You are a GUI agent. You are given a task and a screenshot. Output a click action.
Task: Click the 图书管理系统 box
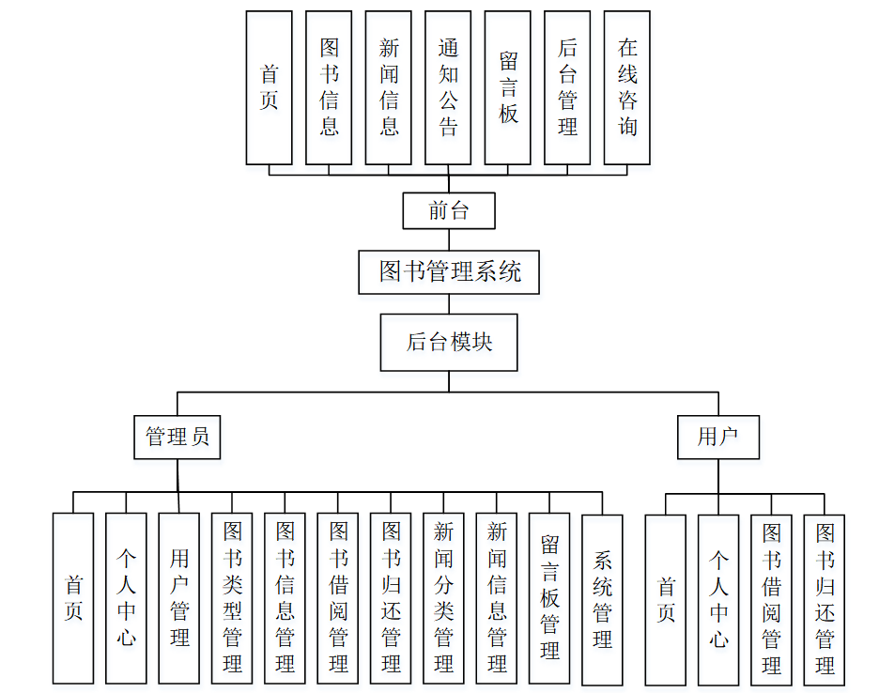pos(449,272)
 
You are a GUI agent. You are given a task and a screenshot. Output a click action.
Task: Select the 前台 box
pos(449,210)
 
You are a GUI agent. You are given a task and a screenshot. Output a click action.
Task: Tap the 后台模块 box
pos(449,342)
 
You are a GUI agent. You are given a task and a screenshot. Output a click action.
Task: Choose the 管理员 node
pos(177,437)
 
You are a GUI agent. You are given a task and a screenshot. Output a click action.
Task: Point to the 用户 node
pos(718,437)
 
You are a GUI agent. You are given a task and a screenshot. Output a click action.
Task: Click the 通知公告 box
pos(448,87)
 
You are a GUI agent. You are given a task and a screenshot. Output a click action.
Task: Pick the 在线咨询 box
pos(627,87)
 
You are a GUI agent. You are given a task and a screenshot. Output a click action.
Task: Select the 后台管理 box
pos(567,87)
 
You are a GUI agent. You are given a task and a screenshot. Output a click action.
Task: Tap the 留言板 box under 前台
pos(508,87)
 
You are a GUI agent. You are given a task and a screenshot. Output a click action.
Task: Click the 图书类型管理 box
pos(232,598)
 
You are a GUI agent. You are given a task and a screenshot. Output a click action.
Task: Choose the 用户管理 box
pos(178,598)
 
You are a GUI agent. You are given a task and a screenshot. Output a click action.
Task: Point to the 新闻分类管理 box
pos(443,598)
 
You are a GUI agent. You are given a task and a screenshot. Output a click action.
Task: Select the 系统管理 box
pos(602,598)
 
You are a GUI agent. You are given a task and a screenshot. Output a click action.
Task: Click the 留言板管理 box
pos(549,598)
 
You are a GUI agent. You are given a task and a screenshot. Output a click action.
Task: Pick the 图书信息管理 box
pos(285,598)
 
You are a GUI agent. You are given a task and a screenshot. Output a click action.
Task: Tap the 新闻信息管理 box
pos(497,598)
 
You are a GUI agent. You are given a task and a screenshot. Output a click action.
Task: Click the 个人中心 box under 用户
pos(718,600)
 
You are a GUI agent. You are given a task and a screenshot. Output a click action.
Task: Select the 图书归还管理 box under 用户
pos(825,600)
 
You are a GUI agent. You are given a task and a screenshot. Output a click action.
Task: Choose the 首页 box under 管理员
pos(73,598)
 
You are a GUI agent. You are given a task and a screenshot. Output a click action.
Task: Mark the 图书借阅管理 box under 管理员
pos(338,598)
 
